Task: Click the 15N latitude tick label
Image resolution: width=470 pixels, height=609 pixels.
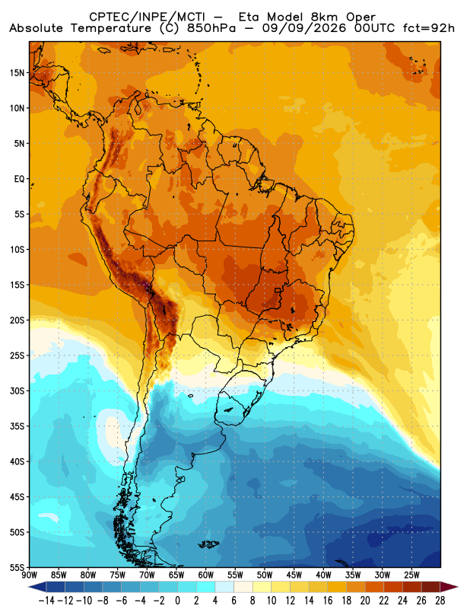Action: click(17, 73)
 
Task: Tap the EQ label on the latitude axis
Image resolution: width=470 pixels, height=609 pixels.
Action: click(20, 179)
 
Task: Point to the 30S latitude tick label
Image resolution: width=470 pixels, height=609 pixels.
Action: click(17, 391)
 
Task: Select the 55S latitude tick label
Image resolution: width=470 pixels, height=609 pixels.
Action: click(17, 567)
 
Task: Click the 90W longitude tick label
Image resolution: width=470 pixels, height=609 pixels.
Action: click(29, 575)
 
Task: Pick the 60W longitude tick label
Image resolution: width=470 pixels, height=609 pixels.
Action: click(205, 575)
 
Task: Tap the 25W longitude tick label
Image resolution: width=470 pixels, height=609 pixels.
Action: click(411, 575)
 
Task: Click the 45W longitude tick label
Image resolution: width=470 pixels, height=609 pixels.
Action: click(294, 575)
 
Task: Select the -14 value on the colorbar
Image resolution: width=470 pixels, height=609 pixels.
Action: click(47, 601)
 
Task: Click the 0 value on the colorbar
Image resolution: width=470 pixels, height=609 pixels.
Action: click(178, 601)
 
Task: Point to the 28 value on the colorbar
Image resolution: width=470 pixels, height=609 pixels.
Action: click(440, 601)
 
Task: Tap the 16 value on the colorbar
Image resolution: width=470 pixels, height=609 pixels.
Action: click(328, 601)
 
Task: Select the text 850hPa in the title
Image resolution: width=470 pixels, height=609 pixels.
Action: click(211, 28)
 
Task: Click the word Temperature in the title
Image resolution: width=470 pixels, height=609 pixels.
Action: click(111, 28)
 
